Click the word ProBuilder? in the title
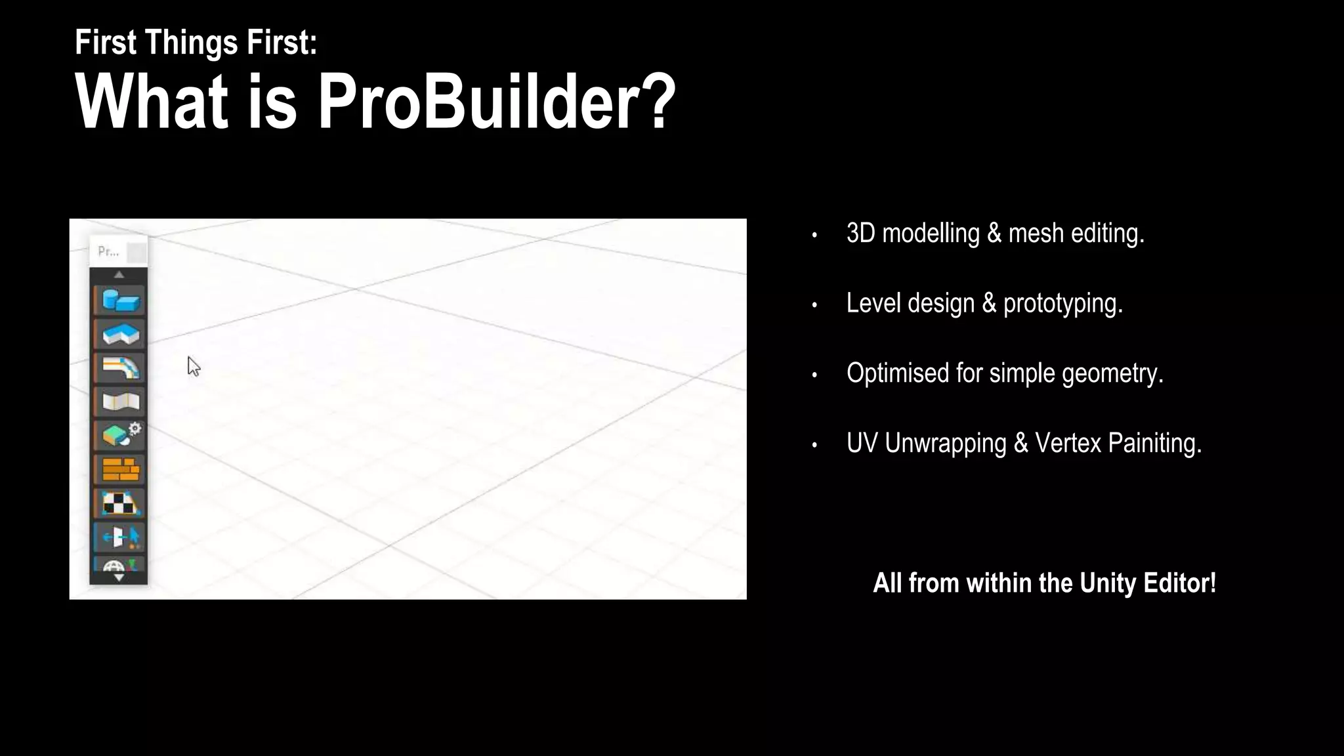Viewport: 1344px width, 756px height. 496,102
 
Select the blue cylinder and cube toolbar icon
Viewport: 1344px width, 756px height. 120,301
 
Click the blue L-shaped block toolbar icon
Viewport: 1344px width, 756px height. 120,334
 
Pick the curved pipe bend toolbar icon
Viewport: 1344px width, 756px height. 120,368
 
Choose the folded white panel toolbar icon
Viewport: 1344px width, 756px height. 120,402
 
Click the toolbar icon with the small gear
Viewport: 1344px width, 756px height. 120,435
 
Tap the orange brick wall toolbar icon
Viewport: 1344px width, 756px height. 120,469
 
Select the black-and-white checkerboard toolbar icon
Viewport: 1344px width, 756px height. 120,503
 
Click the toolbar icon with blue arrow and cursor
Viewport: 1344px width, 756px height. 120,537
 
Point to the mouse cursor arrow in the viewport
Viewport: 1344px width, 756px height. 193,366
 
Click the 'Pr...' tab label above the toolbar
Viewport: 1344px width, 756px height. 108,251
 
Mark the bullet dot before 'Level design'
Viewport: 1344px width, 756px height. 814,304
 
